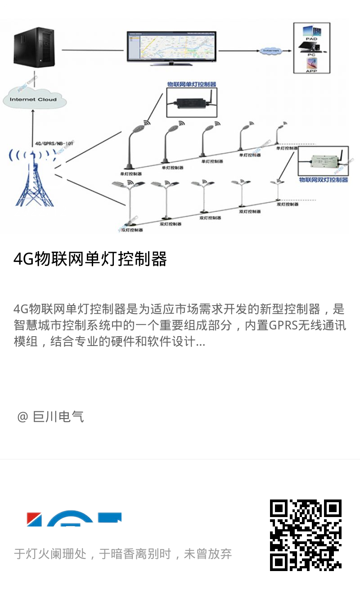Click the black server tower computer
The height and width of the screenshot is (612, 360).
pos(34,46)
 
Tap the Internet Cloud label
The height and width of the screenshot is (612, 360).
pos(33,99)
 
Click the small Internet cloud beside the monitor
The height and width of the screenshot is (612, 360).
pos(271,51)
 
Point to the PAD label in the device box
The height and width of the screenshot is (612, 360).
pos(311,39)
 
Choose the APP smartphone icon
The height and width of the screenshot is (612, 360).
pos(311,62)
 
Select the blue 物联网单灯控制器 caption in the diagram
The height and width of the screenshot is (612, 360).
pos(192,84)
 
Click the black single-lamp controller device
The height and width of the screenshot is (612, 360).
pos(191,102)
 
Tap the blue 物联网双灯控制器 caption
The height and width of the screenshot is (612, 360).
pos(324,180)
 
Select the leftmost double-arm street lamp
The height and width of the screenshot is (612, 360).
pos(128,202)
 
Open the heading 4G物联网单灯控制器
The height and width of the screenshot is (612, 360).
pos(90,259)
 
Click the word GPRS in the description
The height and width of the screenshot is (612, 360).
pos(284,325)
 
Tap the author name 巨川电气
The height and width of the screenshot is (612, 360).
pos(58,417)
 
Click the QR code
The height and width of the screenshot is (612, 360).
pos(306,535)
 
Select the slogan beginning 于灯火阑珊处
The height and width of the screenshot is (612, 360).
pos(123,554)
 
